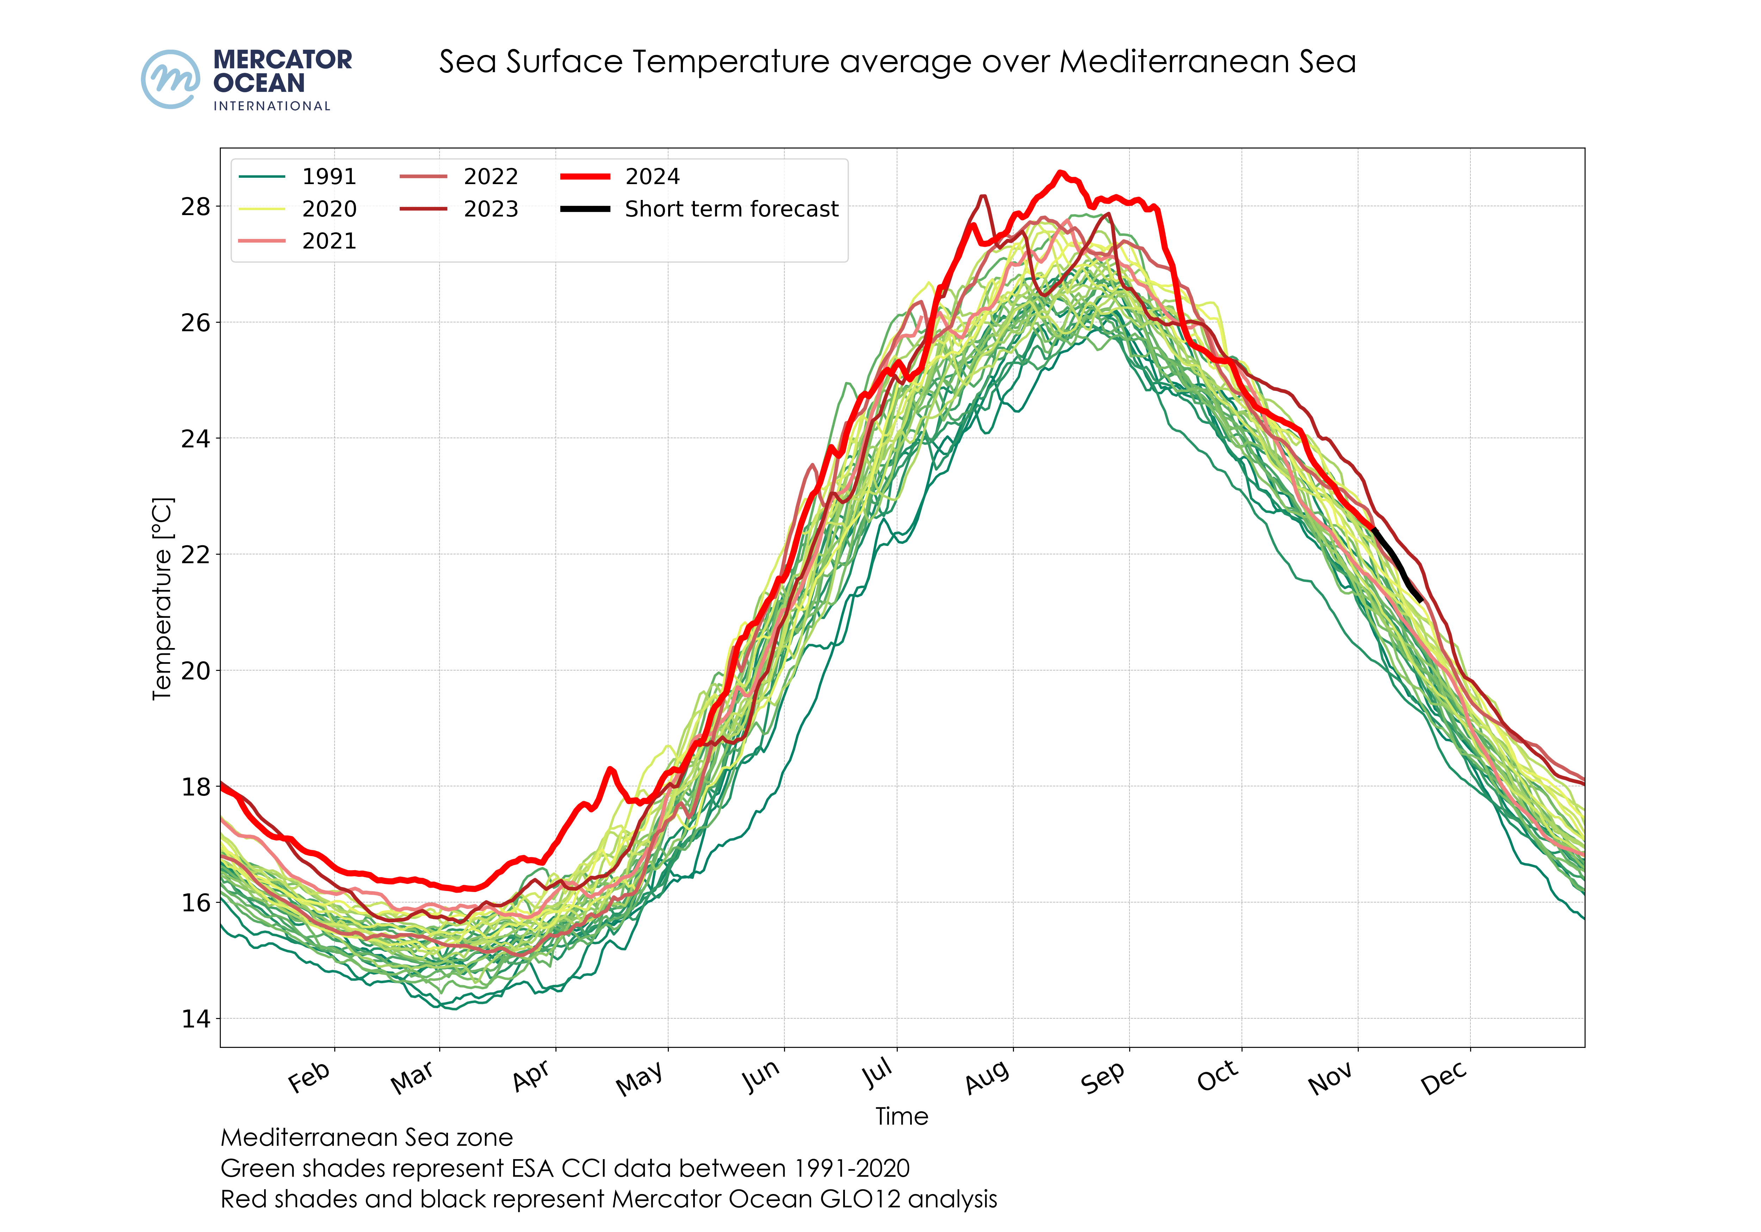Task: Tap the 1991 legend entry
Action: pos(328,177)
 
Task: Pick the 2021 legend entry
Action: pos(328,241)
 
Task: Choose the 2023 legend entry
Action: pos(490,209)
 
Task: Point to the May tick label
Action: pos(639,1079)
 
